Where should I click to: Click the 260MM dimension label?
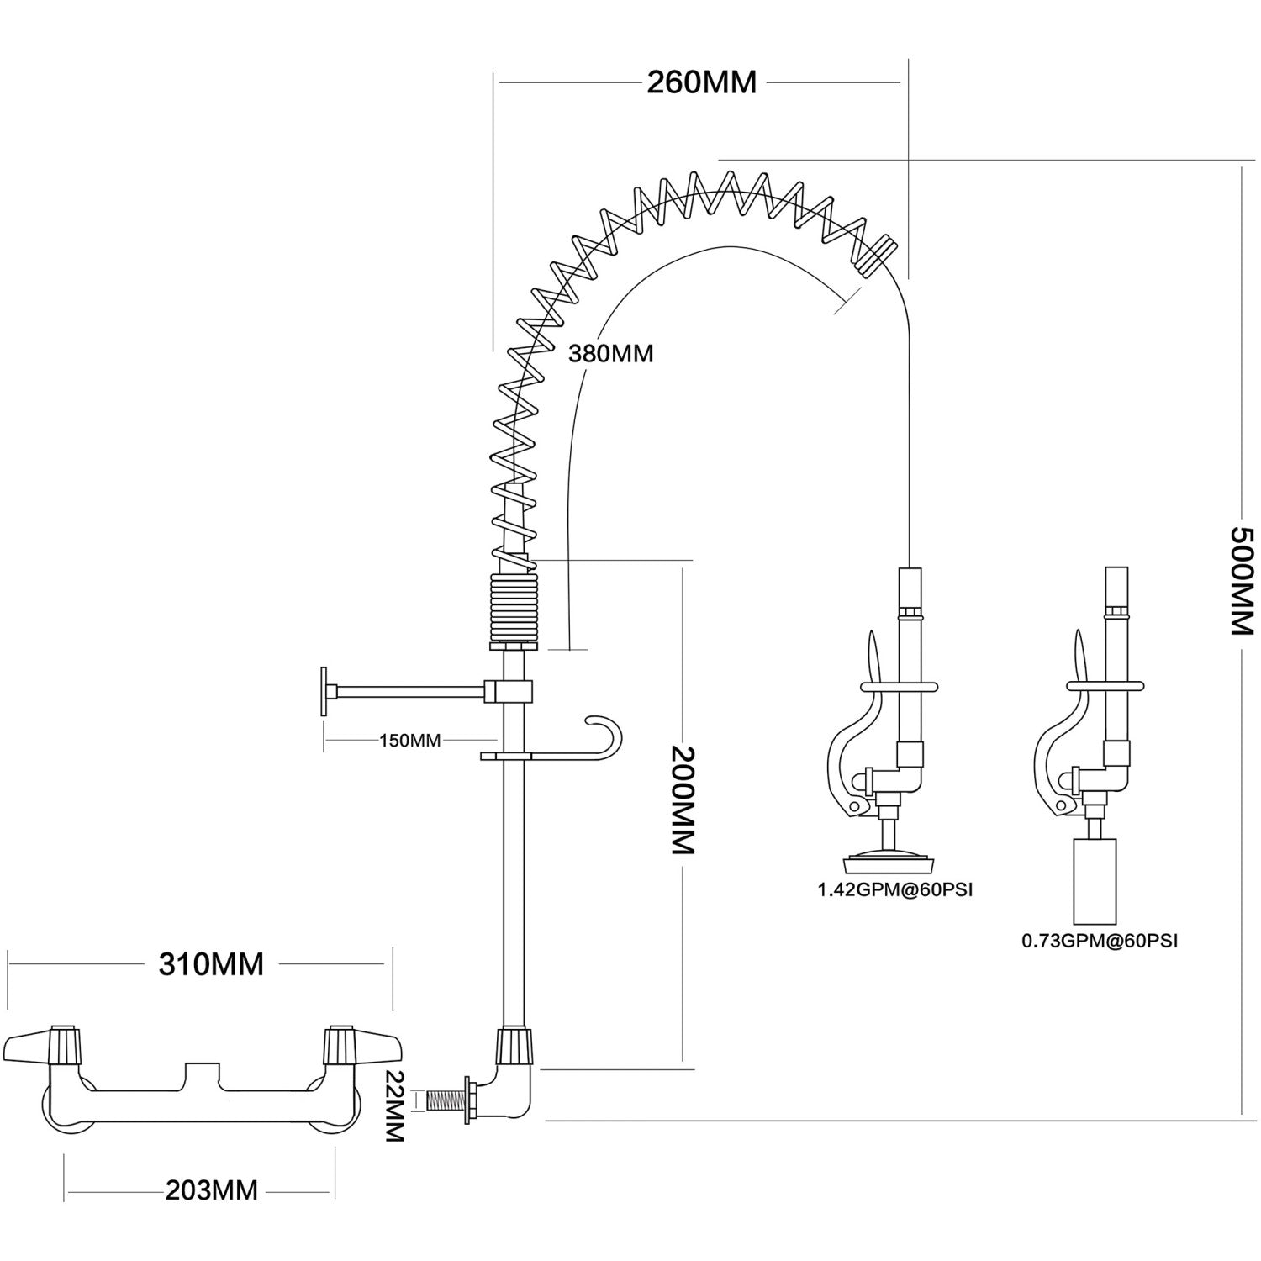(x=702, y=82)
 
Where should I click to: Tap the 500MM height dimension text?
(x=1243, y=581)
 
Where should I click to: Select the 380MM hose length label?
(x=611, y=353)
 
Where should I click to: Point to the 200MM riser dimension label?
(x=684, y=800)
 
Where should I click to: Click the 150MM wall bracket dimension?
(x=410, y=741)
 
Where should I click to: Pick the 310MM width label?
(x=212, y=964)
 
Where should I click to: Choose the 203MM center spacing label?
(x=212, y=1190)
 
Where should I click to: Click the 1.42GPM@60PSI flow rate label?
(x=895, y=889)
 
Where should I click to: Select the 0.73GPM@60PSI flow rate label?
(x=1100, y=941)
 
